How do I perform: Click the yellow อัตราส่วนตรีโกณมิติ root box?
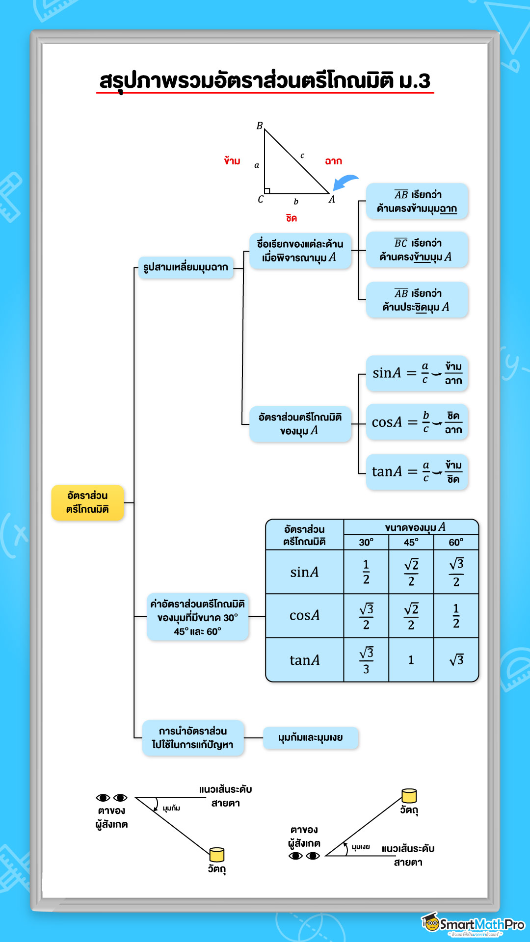coord(87,502)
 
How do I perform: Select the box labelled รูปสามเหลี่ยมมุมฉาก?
coord(185,267)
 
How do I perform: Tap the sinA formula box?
coord(417,373)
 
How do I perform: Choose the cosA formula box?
coord(417,422)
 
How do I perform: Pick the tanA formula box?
coord(417,471)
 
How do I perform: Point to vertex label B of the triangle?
coord(260,126)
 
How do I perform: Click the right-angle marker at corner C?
coord(267,190)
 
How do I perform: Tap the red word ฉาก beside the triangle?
coord(333,161)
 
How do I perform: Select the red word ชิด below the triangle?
coord(291,218)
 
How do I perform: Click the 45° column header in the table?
coord(411,542)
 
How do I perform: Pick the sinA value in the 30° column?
coord(366,572)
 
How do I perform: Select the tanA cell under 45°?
coord(411,660)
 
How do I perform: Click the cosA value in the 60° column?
coord(456,616)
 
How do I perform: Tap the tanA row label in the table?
coord(304,660)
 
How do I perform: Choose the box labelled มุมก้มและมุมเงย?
coord(311,738)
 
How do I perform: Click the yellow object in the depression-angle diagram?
coord(216,855)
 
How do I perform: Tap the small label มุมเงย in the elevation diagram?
coord(361,847)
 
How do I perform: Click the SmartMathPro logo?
coord(473,925)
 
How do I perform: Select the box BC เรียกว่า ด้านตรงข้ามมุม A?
coord(417,250)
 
